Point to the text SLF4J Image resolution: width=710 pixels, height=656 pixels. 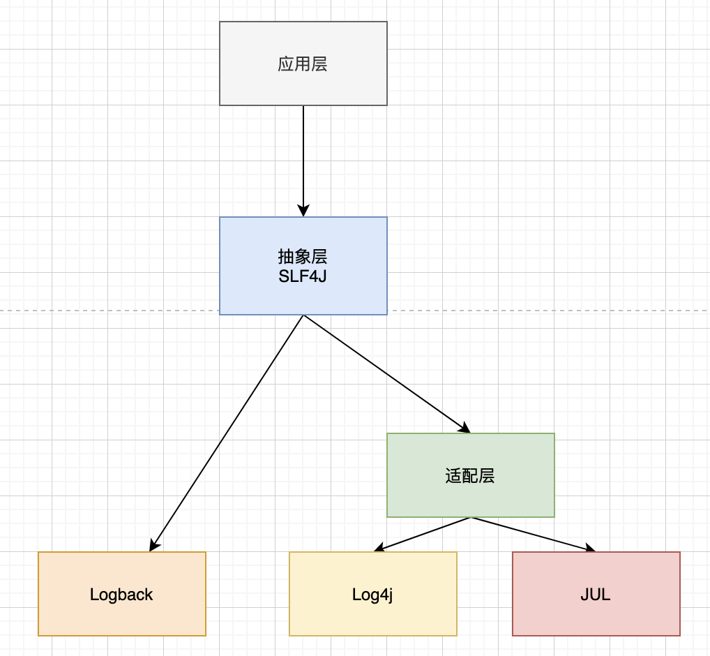point(303,276)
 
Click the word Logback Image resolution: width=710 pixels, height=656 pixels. point(121,595)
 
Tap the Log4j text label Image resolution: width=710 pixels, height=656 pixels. point(372,595)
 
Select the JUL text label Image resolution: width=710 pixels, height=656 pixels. point(596,595)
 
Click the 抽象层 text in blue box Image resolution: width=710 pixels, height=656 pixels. point(303,255)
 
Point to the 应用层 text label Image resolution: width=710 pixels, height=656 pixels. point(303,64)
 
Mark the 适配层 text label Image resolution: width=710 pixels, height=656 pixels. point(470,476)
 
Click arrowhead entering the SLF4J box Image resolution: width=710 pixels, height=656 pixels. point(303,211)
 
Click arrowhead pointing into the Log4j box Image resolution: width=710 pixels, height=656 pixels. point(379,549)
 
